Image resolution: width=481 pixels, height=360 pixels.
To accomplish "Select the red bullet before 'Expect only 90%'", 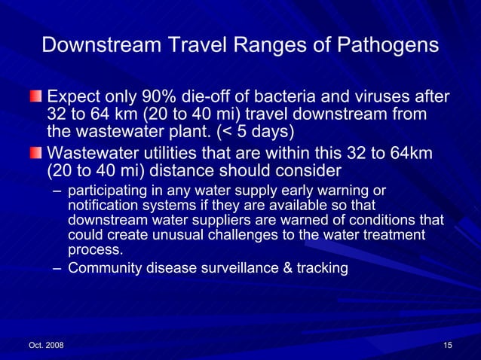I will tap(36, 98).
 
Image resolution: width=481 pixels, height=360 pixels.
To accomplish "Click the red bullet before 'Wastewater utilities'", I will tap(36, 153).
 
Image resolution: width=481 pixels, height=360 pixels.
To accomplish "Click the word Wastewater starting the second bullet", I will tap(95, 153).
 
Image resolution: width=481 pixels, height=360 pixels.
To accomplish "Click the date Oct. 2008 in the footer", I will tap(46, 345).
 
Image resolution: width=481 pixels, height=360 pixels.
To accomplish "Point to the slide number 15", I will tap(448, 345).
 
